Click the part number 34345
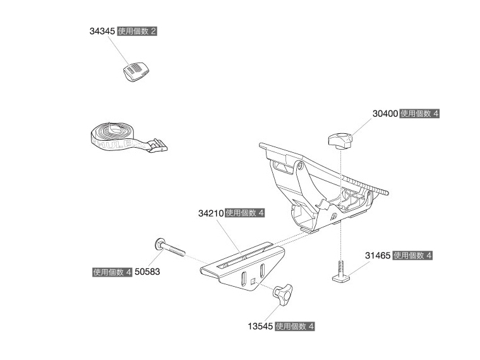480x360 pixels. (x=102, y=30)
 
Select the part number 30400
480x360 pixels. (x=385, y=114)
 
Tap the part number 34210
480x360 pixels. (x=210, y=213)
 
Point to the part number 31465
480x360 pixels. (x=377, y=256)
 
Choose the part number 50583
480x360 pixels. (x=147, y=272)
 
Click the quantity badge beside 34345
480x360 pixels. (x=137, y=30)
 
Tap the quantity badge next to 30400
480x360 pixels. (x=421, y=114)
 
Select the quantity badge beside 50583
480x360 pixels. (x=112, y=272)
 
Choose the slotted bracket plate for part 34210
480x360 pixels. (x=242, y=268)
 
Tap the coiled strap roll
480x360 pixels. (x=111, y=136)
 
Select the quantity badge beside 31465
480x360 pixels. (x=412, y=256)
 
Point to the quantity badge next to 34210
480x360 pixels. (x=246, y=213)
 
